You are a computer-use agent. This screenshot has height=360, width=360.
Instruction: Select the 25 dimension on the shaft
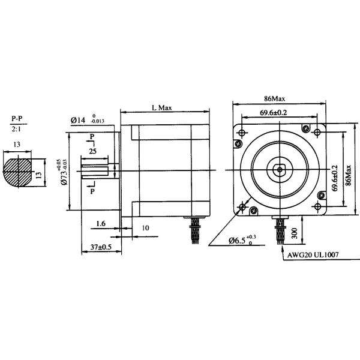tap(93, 151)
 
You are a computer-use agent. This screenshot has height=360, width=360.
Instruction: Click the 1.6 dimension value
tap(101, 223)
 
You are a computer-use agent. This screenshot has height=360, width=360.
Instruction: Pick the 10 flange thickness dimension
tap(145, 228)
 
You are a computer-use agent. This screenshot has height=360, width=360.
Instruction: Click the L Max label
tap(161, 108)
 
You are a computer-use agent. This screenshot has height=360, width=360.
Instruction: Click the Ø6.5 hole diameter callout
tap(243, 241)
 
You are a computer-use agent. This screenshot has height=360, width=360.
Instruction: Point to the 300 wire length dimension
tap(294, 232)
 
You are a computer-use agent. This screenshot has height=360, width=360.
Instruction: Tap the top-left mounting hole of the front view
tap(242, 132)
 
